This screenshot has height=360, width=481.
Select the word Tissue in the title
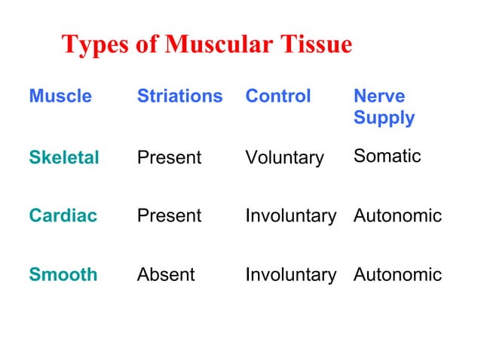pyautogui.click(x=315, y=45)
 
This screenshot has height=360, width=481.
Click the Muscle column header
pyautogui.click(x=60, y=96)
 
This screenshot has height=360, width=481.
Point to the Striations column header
pyautogui.click(x=179, y=96)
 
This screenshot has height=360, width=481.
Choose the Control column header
pyautogui.click(x=277, y=96)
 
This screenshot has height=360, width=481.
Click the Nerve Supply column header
pyautogui.click(x=384, y=107)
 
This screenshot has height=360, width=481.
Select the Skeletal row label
pyautogui.click(x=64, y=157)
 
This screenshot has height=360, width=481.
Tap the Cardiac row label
pyautogui.click(x=63, y=216)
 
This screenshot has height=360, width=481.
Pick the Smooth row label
pyautogui.click(x=63, y=275)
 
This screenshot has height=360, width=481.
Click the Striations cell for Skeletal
pyautogui.click(x=169, y=157)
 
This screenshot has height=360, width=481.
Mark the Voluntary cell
pyautogui.click(x=284, y=158)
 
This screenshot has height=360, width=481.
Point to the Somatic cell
pyautogui.click(x=387, y=156)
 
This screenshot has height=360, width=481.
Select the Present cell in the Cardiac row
pyautogui.click(x=169, y=216)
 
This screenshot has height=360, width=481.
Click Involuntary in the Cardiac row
pyautogui.click(x=290, y=216)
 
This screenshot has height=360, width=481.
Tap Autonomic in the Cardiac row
pyautogui.click(x=397, y=216)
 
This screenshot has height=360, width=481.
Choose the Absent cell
pyautogui.click(x=165, y=275)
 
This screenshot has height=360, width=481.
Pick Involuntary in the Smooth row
pyautogui.click(x=290, y=275)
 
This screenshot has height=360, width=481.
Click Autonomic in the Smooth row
pyautogui.click(x=397, y=275)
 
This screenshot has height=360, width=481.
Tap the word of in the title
pyautogui.click(x=146, y=45)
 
